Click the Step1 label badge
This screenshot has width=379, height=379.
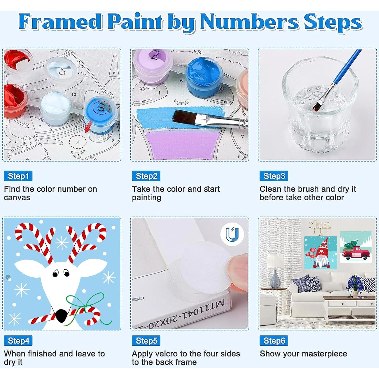(x=18, y=176)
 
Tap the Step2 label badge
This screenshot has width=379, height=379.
(x=146, y=176)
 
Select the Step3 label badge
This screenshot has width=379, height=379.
(x=274, y=176)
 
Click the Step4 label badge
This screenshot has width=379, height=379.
(x=18, y=341)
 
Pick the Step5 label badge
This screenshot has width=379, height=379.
(x=146, y=341)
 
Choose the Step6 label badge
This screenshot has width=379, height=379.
(x=274, y=341)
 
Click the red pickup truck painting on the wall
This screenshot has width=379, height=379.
(x=356, y=247)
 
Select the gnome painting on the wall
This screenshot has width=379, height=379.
(x=321, y=252)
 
